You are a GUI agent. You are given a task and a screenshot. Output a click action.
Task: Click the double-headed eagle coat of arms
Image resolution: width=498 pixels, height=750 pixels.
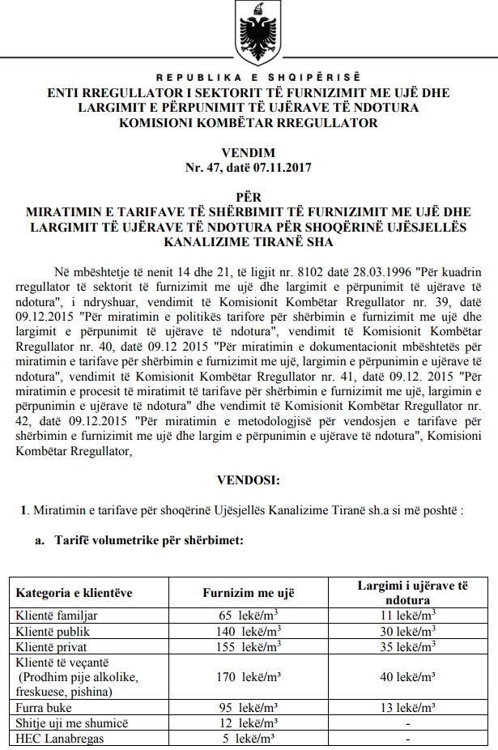pyautogui.click(x=249, y=33)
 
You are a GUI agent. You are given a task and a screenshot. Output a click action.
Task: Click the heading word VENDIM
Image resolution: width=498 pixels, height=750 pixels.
pyautogui.click(x=249, y=153)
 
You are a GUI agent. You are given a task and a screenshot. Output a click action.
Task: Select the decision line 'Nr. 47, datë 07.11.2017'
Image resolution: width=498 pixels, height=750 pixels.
pyautogui.click(x=249, y=168)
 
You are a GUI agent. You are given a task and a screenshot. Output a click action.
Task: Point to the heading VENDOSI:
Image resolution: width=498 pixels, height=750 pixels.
pyautogui.click(x=249, y=481)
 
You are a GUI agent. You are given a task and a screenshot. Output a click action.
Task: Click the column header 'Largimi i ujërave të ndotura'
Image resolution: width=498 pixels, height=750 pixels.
pyautogui.click(x=412, y=593)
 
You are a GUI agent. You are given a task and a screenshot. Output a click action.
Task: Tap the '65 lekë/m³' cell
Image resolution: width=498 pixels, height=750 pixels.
pyautogui.click(x=248, y=616)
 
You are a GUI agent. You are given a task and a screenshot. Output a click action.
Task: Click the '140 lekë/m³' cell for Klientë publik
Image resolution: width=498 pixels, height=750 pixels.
pyautogui.click(x=247, y=631)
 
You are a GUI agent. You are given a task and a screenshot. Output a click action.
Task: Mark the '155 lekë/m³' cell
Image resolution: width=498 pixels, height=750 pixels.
pyautogui.click(x=247, y=646)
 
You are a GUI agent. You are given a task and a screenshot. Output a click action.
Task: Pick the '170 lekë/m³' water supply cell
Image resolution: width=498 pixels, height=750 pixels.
pyautogui.click(x=247, y=677)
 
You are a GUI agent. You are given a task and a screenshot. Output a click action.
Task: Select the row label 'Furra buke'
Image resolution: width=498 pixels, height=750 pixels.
pyautogui.click(x=45, y=708)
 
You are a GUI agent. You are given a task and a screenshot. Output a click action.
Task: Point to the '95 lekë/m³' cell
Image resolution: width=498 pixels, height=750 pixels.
pyautogui.click(x=248, y=708)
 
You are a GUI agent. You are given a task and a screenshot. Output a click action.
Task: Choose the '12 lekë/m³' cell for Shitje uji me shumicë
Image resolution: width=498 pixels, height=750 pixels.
pyautogui.click(x=248, y=723)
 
